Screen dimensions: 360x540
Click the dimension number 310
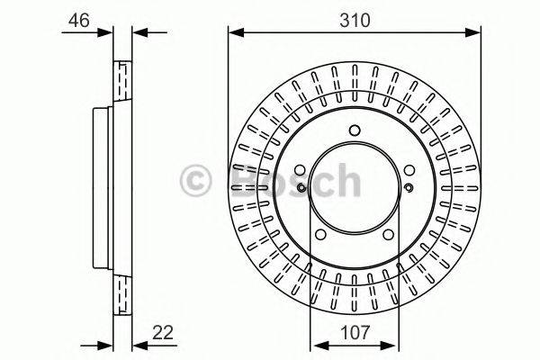[355, 18]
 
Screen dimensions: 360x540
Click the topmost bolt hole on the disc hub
[355, 128]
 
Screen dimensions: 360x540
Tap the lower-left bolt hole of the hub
[322, 238]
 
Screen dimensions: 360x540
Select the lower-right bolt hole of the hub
[387, 238]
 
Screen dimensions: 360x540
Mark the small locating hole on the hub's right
[409, 187]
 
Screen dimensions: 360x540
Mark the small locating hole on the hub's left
[300, 187]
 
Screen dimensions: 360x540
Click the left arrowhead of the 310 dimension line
[234, 33]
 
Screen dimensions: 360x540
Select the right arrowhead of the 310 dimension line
[476, 33]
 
